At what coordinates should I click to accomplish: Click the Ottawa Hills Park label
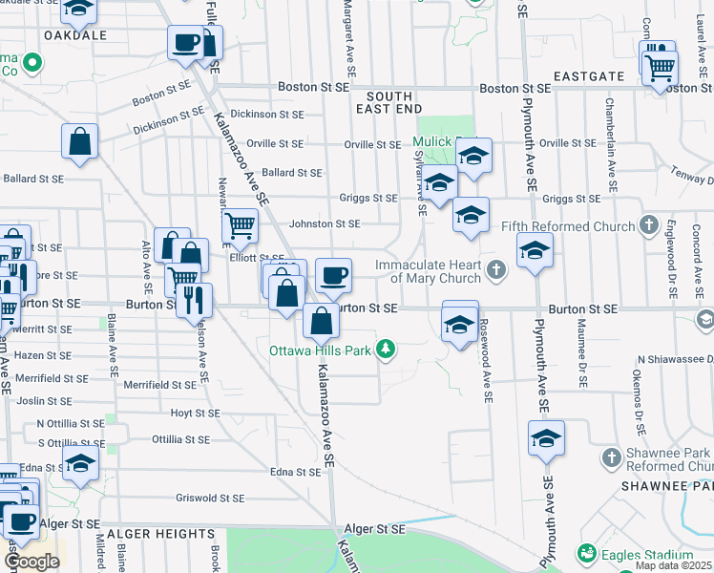click(322, 349)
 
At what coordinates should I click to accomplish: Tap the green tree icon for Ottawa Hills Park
click(386, 349)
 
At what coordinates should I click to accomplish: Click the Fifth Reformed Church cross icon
click(649, 226)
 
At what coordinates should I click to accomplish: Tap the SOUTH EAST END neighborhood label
click(389, 103)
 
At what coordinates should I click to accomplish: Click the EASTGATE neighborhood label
click(587, 75)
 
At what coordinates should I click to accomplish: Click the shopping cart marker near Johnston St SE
click(240, 226)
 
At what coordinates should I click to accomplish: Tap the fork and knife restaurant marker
click(194, 299)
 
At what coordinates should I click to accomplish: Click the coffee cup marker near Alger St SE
click(21, 521)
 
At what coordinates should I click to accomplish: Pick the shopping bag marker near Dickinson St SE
click(81, 141)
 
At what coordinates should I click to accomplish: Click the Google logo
click(31, 562)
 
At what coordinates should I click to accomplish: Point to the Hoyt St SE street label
click(195, 414)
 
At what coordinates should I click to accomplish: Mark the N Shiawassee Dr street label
click(675, 359)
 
